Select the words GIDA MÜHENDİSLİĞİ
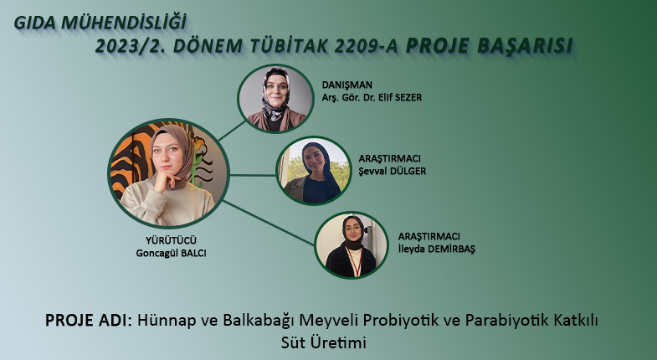100,23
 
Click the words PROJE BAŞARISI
489,46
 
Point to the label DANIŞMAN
347,85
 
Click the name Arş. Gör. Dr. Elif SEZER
372,97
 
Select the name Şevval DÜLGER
393,171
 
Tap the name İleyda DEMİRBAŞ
437,249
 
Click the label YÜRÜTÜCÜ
171,240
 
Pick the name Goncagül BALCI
171,253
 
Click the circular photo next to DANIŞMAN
275,99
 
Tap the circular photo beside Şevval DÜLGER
313,171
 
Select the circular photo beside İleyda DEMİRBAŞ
352,245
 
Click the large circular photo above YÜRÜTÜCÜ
168,173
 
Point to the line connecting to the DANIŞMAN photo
232,131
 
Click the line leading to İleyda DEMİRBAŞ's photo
268,223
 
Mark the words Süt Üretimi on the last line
323,342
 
